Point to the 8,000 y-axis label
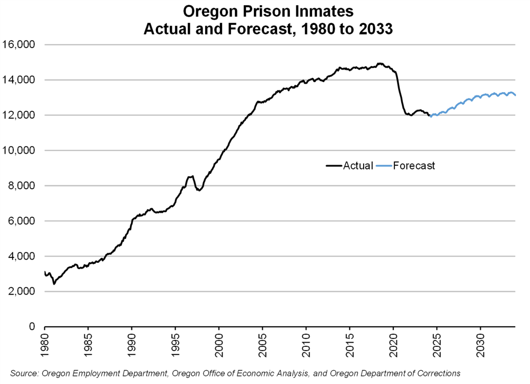coord(23,186)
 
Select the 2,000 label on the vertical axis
coord(23,291)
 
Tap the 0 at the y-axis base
coord(32,327)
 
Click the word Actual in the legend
coord(358,166)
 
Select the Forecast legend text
coord(414,166)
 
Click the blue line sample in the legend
coord(384,166)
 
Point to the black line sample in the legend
coord(334,166)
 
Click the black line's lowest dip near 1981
coord(54,283)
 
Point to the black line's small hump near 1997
coord(191,176)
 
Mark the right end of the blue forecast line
coord(515,95)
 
